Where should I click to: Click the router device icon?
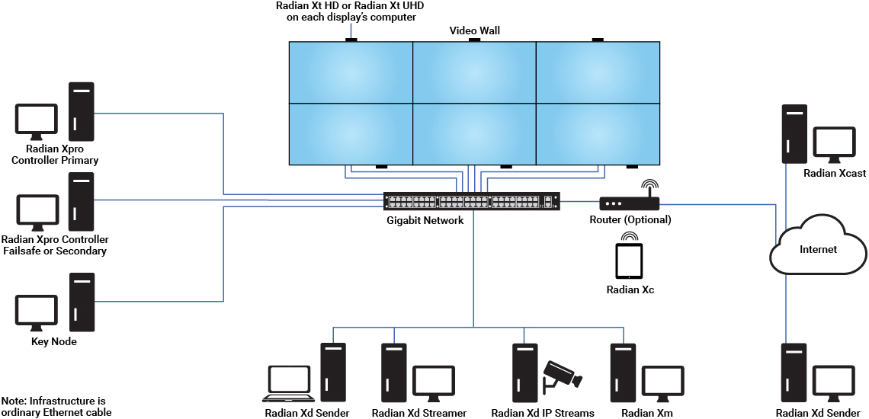coord(629,203)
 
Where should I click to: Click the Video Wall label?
coord(474,31)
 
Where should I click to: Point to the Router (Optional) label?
coord(630,220)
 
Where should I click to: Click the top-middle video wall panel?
coord(474,72)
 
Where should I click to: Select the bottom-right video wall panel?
coord(598,133)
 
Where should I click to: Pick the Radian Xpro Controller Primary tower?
coord(81,111)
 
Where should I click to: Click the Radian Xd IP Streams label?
coord(543,413)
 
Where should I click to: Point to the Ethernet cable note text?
coord(56,407)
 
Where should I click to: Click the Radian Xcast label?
coord(835,174)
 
